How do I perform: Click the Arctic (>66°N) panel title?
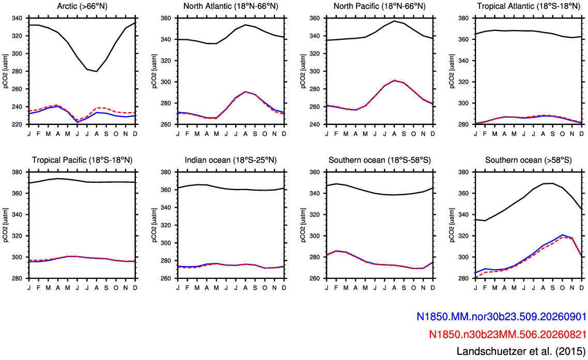(x=82, y=6)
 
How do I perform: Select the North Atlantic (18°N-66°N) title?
(x=230, y=6)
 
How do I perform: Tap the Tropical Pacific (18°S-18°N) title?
(x=82, y=160)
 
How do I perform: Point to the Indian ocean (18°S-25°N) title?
(x=230, y=160)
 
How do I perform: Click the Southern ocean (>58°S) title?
(x=529, y=160)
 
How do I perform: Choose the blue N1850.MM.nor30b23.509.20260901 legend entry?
(x=501, y=317)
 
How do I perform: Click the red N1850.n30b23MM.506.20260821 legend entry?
(x=507, y=334)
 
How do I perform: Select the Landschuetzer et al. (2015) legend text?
(x=521, y=351)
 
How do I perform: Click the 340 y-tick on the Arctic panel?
(x=18, y=18)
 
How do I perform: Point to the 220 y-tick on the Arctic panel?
(x=18, y=124)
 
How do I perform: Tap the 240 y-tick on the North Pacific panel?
(x=315, y=124)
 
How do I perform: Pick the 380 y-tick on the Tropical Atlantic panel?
(x=464, y=18)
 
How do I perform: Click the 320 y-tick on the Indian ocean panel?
(x=166, y=225)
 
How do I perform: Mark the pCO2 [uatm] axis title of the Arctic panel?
(x=6, y=71)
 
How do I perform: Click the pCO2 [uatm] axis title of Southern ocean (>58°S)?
(x=453, y=225)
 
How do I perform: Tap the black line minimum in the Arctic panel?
(x=97, y=71)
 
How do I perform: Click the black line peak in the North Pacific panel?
(x=394, y=21)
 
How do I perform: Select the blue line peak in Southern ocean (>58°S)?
(x=562, y=235)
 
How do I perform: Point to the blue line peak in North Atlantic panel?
(x=245, y=91)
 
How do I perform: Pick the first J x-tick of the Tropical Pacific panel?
(x=29, y=288)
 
